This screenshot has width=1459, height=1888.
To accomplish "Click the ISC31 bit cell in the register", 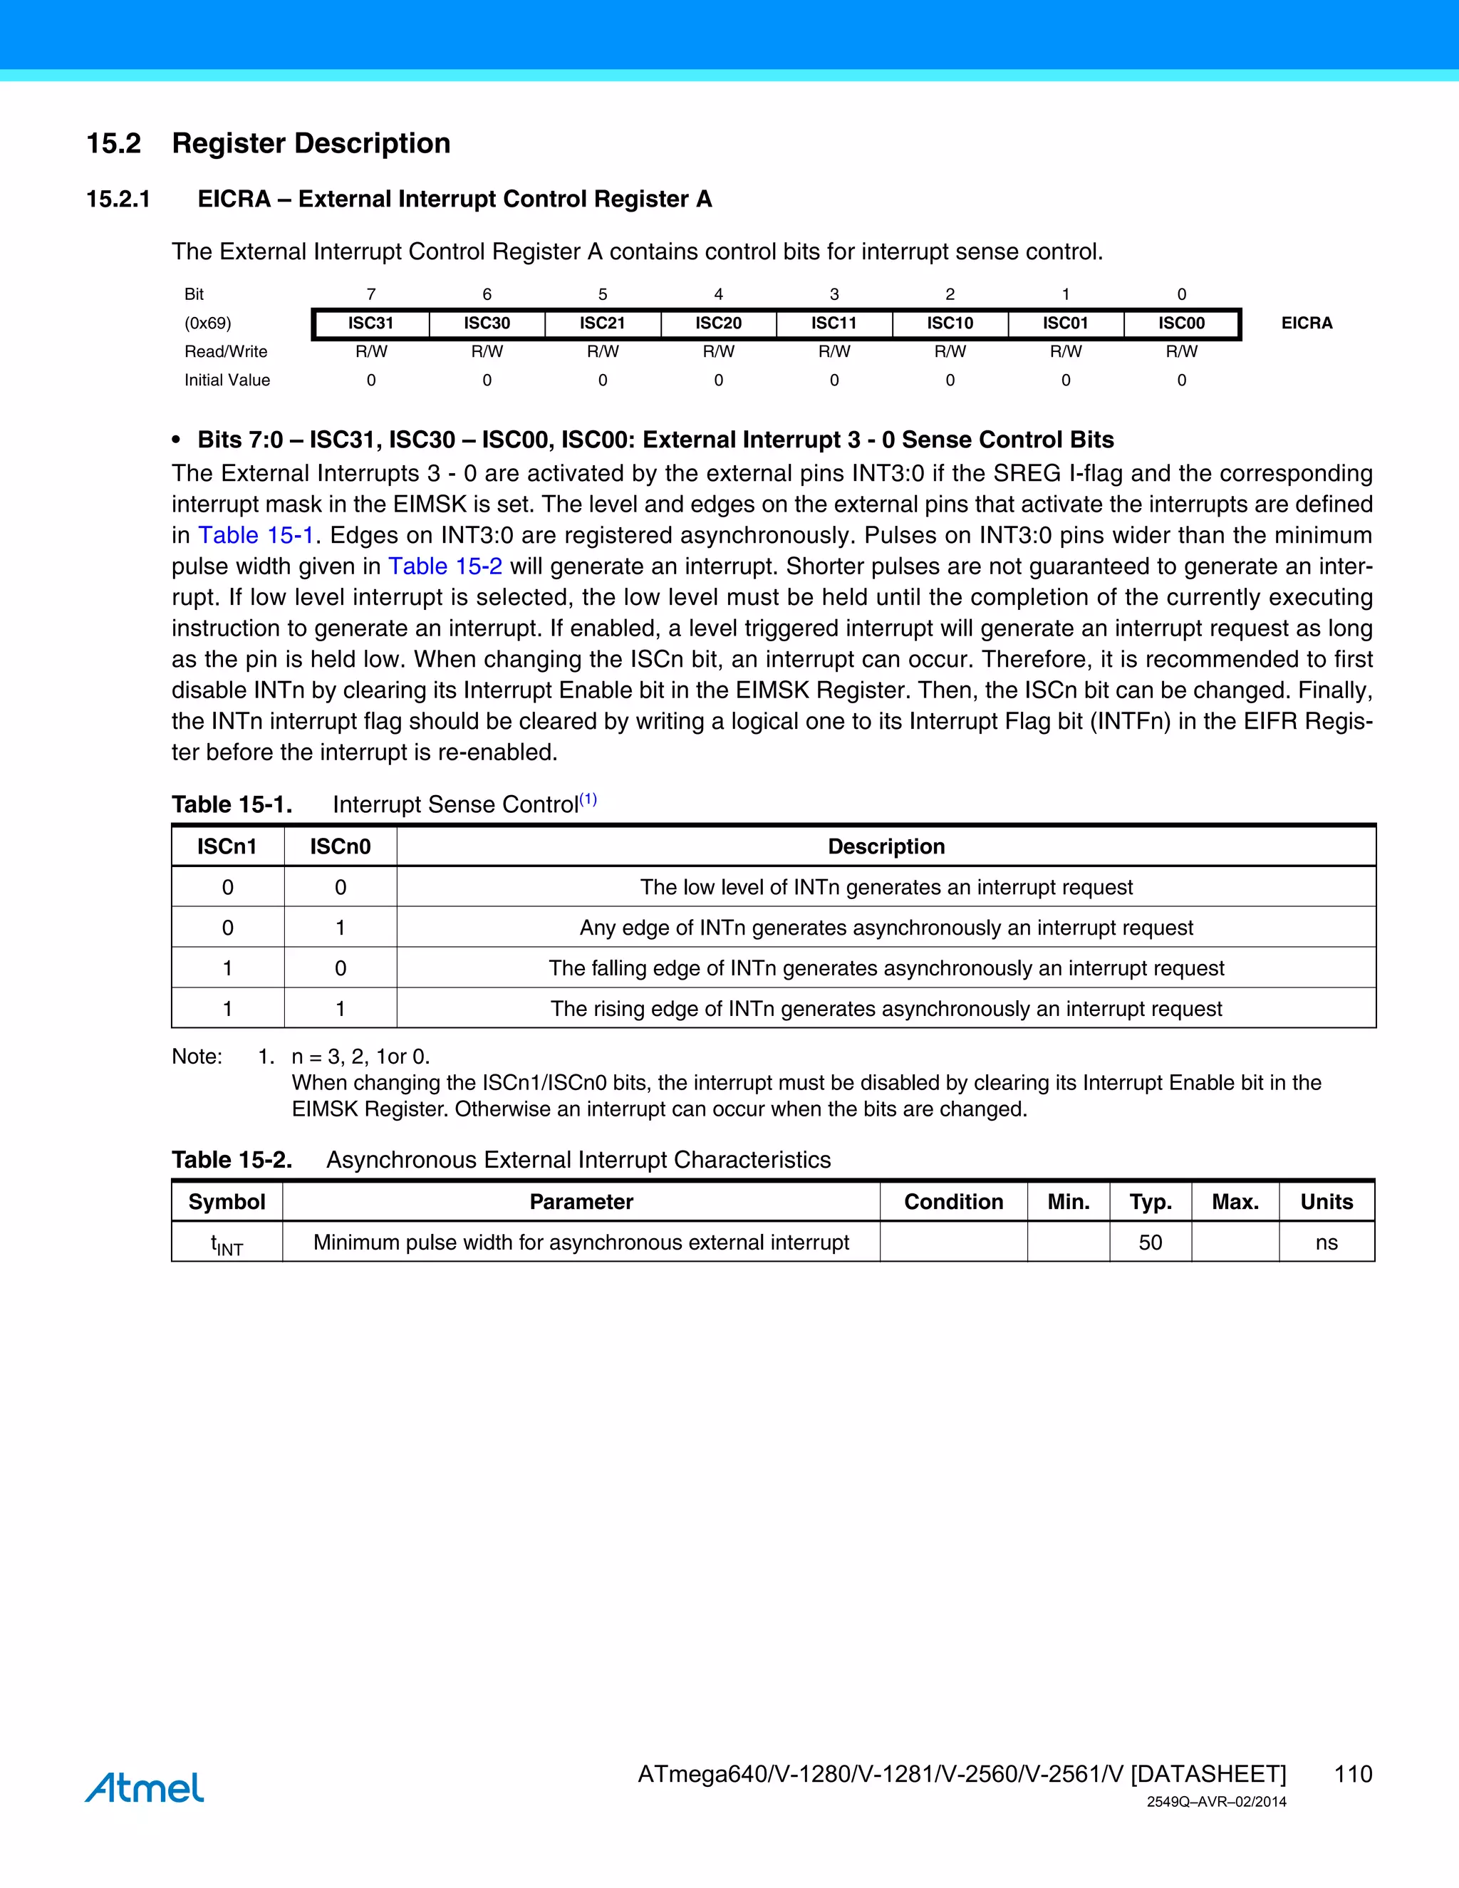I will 370,323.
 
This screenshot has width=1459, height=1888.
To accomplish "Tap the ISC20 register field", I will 718,323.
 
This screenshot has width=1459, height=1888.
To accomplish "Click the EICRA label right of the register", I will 1306,323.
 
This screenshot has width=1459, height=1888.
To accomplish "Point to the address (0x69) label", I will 207,323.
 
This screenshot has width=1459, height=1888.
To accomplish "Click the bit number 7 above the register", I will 370,294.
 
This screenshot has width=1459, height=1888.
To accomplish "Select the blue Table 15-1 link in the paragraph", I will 256,535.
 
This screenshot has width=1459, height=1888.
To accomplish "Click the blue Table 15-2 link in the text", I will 445,566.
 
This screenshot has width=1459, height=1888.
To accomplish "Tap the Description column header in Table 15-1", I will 886,846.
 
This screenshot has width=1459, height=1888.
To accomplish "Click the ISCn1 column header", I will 227,846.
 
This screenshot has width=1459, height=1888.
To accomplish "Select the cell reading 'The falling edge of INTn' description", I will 886,968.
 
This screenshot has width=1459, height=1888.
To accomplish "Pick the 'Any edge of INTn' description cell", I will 886,928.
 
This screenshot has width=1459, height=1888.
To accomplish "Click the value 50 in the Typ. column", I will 1150,1243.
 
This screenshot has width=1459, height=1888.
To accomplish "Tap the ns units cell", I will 1326,1243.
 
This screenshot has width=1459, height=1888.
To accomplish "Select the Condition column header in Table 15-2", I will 953,1202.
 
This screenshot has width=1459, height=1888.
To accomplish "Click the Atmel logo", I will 145,1787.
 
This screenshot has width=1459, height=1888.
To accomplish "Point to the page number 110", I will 1353,1774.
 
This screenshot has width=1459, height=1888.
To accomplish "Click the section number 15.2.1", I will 118,199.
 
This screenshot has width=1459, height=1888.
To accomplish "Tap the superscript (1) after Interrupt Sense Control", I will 588,799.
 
